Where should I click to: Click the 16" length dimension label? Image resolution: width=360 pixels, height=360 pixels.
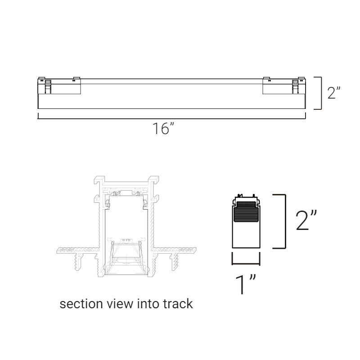[x=163, y=129]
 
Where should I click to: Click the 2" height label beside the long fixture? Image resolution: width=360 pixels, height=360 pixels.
[x=334, y=93]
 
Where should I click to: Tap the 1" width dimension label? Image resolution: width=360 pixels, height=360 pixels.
[x=245, y=284]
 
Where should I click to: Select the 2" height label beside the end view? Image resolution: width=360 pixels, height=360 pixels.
[x=306, y=220]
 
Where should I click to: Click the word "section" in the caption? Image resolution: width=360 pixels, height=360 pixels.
[x=81, y=304]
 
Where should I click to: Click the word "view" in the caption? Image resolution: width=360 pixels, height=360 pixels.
[x=120, y=304]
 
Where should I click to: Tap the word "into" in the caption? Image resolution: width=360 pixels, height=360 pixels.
[x=148, y=304]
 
